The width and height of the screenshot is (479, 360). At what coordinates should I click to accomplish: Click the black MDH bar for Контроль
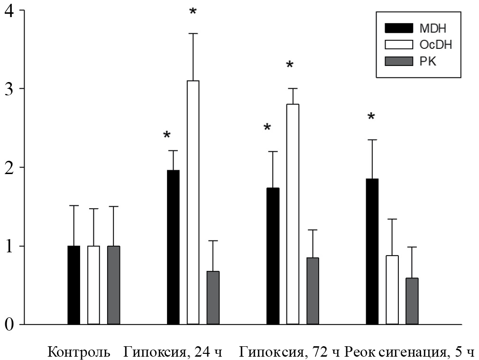(x=74, y=285)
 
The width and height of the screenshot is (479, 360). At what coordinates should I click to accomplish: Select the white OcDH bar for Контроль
(x=93, y=285)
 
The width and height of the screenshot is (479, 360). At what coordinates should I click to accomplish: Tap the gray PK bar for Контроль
(x=113, y=285)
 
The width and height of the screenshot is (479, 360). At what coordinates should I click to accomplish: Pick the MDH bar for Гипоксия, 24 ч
(x=173, y=247)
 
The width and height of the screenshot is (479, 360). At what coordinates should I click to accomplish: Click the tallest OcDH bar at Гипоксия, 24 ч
(x=193, y=203)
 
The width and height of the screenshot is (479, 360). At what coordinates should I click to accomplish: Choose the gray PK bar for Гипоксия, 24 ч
(x=213, y=298)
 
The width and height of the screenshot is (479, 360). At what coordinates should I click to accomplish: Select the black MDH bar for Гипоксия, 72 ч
(x=273, y=256)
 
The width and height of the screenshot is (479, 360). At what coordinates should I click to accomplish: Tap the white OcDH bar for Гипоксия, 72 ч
(x=293, y=214)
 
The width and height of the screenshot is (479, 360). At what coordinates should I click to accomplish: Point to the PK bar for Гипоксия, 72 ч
(x=313, y=291)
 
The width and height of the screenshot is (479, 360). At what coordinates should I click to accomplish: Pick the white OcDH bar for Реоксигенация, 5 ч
(x=392, y=290)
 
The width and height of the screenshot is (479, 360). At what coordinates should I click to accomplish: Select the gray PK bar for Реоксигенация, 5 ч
(x=412, y=301)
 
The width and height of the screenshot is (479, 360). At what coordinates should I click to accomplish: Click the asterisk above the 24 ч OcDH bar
(x=193, y=11)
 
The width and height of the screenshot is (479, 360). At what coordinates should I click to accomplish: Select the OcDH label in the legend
(x=436, y=45)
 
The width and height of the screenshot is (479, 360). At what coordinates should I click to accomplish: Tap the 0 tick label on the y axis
(x=8, y=325)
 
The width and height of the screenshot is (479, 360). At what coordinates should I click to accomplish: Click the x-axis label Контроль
(x=79, y=352)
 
